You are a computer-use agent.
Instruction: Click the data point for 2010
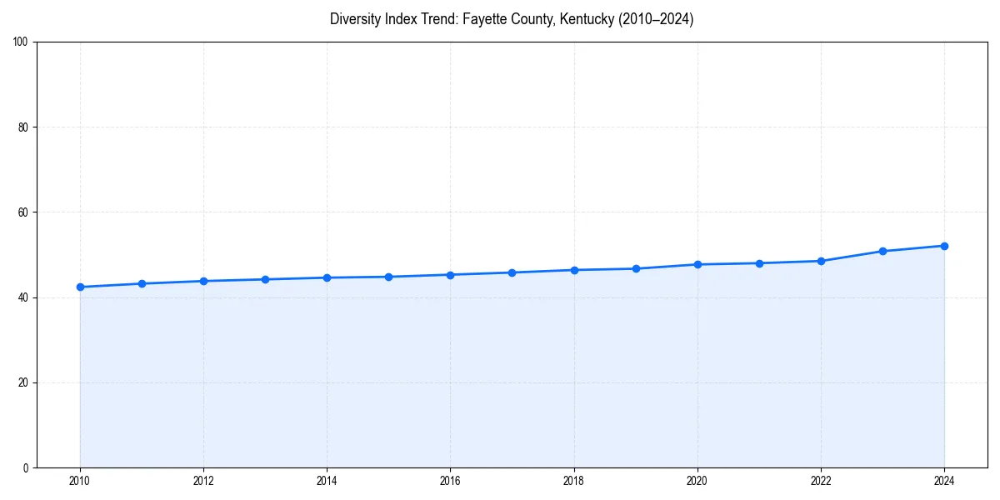(x=80, y=287)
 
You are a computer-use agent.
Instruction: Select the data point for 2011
(x=142, y=283)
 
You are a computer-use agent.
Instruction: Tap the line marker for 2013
(x=265, y=279)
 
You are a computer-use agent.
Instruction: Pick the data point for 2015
(x=388, y=277)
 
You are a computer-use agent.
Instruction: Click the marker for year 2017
(x=512, y=272)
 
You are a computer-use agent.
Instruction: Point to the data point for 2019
(x=636, y=268)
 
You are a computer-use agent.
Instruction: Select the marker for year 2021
(x=759, y=263)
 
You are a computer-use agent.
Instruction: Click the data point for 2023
(x=882, y=251)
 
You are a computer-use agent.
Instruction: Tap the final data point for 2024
(x=944, y=246)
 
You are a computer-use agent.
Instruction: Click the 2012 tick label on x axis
(x=203, y=481)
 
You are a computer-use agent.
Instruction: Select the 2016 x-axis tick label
(x=450, y=481)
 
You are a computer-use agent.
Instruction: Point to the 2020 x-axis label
(x=697, y=481)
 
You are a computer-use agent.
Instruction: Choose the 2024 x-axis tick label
(x=944, y=481)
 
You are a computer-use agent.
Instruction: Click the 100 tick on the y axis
(x=22, y=42)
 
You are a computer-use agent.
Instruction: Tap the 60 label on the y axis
(x=24, y=212)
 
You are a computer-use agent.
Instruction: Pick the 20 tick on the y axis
(x=24, y=382)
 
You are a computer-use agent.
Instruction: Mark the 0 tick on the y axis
(x=27, y=467)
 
